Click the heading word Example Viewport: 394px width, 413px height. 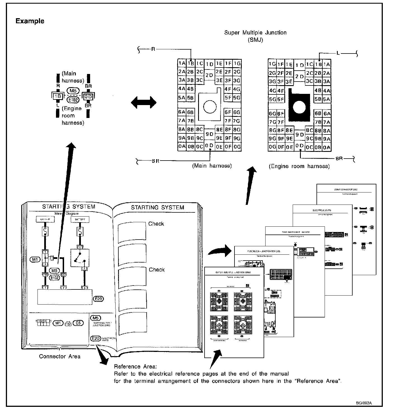30,21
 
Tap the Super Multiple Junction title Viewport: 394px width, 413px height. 255,33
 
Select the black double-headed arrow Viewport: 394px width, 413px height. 144,102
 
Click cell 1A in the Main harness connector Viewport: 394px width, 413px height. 182,63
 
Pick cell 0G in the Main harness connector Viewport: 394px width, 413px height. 237,147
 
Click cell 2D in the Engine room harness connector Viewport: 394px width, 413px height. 300,76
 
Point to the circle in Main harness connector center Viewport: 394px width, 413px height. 210,106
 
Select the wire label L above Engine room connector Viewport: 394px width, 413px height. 338,53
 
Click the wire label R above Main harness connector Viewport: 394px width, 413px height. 153,49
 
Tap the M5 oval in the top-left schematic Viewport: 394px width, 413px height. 74,91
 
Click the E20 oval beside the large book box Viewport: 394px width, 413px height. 98,299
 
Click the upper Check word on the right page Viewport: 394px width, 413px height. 156,224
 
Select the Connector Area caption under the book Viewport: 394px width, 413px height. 59,356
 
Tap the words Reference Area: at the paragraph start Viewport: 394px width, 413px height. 135,366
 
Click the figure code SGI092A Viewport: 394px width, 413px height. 364,403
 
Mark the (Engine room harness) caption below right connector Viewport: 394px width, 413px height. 299,166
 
